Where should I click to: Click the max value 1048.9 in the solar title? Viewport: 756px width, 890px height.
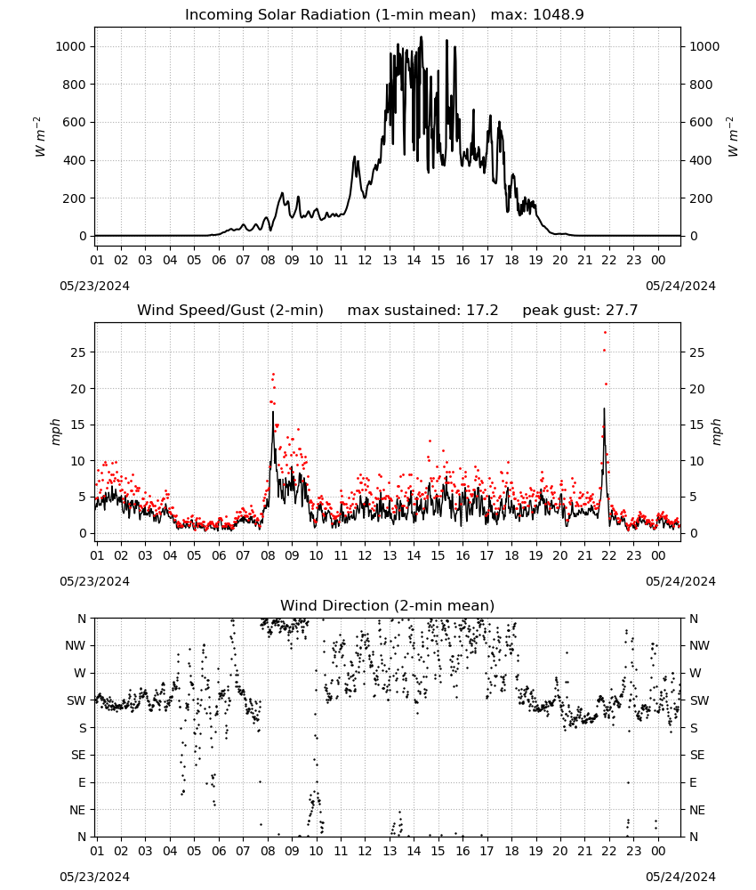[558, 15]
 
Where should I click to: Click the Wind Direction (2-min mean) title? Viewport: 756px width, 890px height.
[388, 605]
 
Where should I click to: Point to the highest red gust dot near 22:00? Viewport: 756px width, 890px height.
[606, 333]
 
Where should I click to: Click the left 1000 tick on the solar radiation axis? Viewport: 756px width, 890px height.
[71, 46]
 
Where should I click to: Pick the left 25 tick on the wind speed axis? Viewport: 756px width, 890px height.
[79, 352]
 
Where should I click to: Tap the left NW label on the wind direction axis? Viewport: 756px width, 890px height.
[76, 646]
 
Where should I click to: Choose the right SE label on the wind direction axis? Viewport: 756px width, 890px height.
[697, 756]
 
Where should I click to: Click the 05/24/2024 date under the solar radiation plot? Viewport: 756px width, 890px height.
[680, 286]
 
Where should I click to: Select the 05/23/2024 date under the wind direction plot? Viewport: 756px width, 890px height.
[94, 877]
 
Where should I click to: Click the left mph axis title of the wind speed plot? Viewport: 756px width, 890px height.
[55, 432]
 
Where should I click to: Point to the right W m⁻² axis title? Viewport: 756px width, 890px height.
[732, 137]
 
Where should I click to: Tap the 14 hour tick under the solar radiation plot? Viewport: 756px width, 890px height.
[414, 260]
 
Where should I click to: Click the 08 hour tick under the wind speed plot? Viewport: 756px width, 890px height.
[267, 555]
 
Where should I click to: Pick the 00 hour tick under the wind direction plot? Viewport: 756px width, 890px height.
[658, 852]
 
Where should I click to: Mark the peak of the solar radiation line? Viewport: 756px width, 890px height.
[422, 36]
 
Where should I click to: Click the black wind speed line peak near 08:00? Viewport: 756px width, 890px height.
[273, 412]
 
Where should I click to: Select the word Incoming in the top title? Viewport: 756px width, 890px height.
[213, 15]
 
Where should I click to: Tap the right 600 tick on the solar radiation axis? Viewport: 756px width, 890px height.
[701, 123]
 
